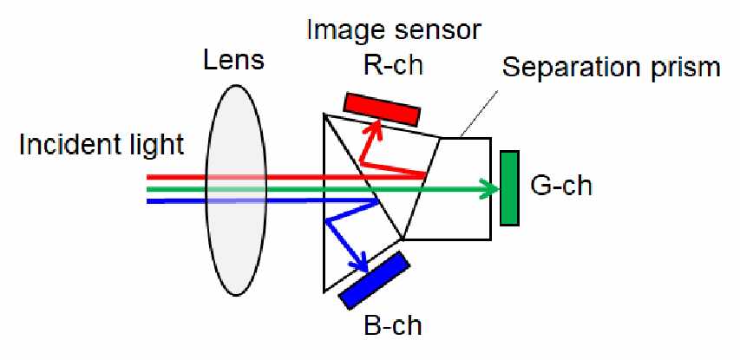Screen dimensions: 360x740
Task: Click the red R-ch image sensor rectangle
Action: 382,108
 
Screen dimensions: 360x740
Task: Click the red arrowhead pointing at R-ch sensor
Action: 374,128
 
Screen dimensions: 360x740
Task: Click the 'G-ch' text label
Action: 560,186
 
